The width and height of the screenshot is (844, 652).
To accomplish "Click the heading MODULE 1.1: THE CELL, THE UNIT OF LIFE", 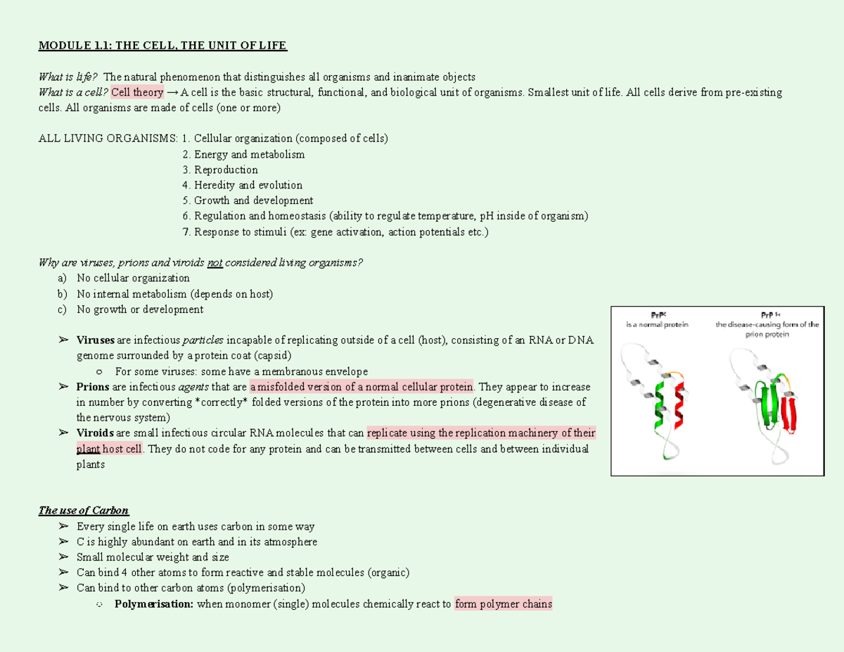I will (x=162, y=46).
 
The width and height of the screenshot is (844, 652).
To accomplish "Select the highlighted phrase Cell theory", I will (x=137, y=93).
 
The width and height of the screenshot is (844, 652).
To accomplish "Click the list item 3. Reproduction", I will (x=219, y=170).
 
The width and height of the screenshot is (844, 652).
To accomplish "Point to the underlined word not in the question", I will (x=215, y=263).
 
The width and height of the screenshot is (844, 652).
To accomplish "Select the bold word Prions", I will (x=93, y=387).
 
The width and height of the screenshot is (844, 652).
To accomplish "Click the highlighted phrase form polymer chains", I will (x=503, y=603).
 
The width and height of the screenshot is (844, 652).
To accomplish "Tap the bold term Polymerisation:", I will (x=154, y=603).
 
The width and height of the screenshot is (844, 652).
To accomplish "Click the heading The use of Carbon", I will (x=84, y=511).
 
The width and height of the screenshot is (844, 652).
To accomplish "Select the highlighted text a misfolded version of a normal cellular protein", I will (x=362, y=387).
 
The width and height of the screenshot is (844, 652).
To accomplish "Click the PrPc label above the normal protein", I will (x=657, y=314).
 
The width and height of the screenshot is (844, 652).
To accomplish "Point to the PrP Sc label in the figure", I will (x=767, y=314).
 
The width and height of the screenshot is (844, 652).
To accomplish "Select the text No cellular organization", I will (x=133, y=279).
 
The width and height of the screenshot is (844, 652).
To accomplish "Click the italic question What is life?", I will (x=69, y=77).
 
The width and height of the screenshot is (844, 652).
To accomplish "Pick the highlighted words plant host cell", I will (x=110, y=449).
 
